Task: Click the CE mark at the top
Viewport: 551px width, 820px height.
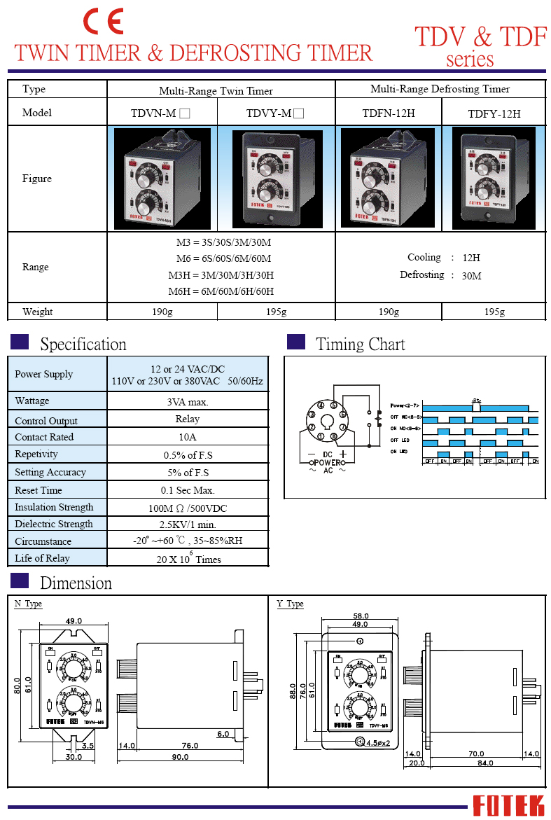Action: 104,22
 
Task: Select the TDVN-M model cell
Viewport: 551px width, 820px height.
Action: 161,113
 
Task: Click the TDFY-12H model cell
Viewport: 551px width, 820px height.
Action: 494,113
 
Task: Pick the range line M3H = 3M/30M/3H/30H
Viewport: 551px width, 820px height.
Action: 221,275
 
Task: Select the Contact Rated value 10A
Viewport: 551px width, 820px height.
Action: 188,437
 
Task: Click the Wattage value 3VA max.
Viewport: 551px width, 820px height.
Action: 188,401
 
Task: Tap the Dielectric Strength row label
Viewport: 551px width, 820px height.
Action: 54,524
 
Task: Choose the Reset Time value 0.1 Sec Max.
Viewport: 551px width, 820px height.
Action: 188,490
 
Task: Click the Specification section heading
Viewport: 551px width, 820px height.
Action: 83,345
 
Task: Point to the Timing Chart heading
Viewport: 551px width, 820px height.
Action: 360,345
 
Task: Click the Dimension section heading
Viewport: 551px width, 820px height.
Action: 76,583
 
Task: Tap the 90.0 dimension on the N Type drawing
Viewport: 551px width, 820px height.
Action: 180,757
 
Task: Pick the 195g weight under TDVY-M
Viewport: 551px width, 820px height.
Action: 277,312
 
